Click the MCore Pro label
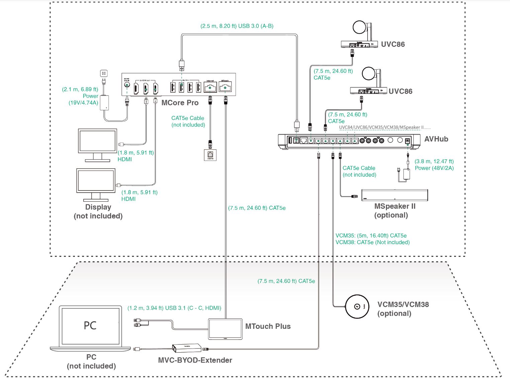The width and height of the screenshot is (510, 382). (x=180, y=103)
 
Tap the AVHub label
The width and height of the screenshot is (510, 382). (x=436, y=139)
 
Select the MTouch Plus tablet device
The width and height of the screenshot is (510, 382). (x=225, y=329)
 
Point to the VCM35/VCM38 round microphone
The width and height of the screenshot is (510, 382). (x=357, y=307)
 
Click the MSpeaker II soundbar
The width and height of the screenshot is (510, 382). (x=394, y=195)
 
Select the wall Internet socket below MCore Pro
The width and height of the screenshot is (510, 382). (x=210, y=155)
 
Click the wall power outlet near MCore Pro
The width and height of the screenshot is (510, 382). (x=103, y=74)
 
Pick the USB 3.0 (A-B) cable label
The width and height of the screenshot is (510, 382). (x=237, y=26)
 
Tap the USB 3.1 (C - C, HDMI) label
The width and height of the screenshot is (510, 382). (x=174, y=308)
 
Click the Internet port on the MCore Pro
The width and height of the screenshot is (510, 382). (x=210, y=88)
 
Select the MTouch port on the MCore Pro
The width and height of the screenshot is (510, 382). (x=225, y=88)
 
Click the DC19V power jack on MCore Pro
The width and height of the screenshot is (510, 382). (x=127, y=85)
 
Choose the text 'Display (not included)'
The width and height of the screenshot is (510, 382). (x=98, y=211)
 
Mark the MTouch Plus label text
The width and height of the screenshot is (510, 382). (x=268, y=326)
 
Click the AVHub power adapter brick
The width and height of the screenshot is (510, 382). (x=407, y=174)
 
